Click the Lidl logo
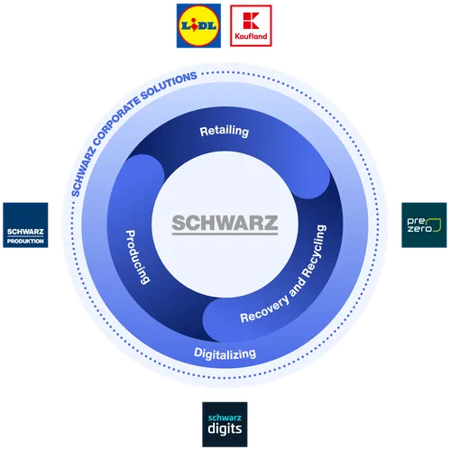click(198, 25)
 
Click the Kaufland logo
click(251, 25)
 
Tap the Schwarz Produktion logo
click(25, 225)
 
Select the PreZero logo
click(424, 225)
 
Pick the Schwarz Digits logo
click(225, 425)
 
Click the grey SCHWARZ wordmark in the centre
click(225, 223)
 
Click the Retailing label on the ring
click(225, 131)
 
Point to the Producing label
click(138, 257)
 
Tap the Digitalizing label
click(225, 354)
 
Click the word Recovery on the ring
click(265, 309)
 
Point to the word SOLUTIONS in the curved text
click(170, 86)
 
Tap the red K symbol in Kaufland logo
click(251, 21)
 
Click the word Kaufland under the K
click(251, 36)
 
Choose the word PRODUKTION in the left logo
click(25, 241)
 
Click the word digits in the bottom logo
click(225, 429)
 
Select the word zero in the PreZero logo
click(419, 229)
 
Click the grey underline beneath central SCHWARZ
click(225, 234)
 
